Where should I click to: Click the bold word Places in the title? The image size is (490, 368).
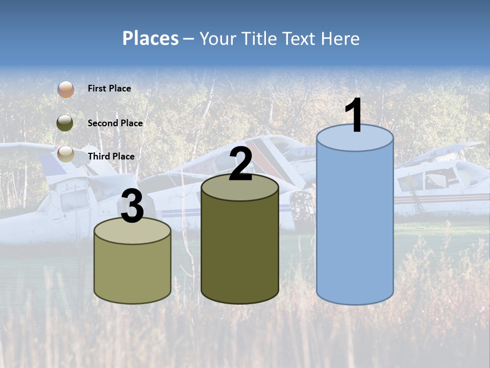pos(151,38)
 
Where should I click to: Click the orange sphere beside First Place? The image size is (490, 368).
pos(65,89)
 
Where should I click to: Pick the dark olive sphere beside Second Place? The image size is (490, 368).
pos(65,123)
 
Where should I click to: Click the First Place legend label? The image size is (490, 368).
pos(109,88)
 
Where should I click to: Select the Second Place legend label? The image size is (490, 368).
pos(115,123)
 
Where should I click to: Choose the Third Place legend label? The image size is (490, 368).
pos(111,156)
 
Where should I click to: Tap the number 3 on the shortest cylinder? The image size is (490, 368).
pos(133,207)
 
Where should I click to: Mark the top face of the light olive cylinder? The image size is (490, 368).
pos(133,233)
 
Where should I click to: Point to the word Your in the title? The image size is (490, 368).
pos(218,38)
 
